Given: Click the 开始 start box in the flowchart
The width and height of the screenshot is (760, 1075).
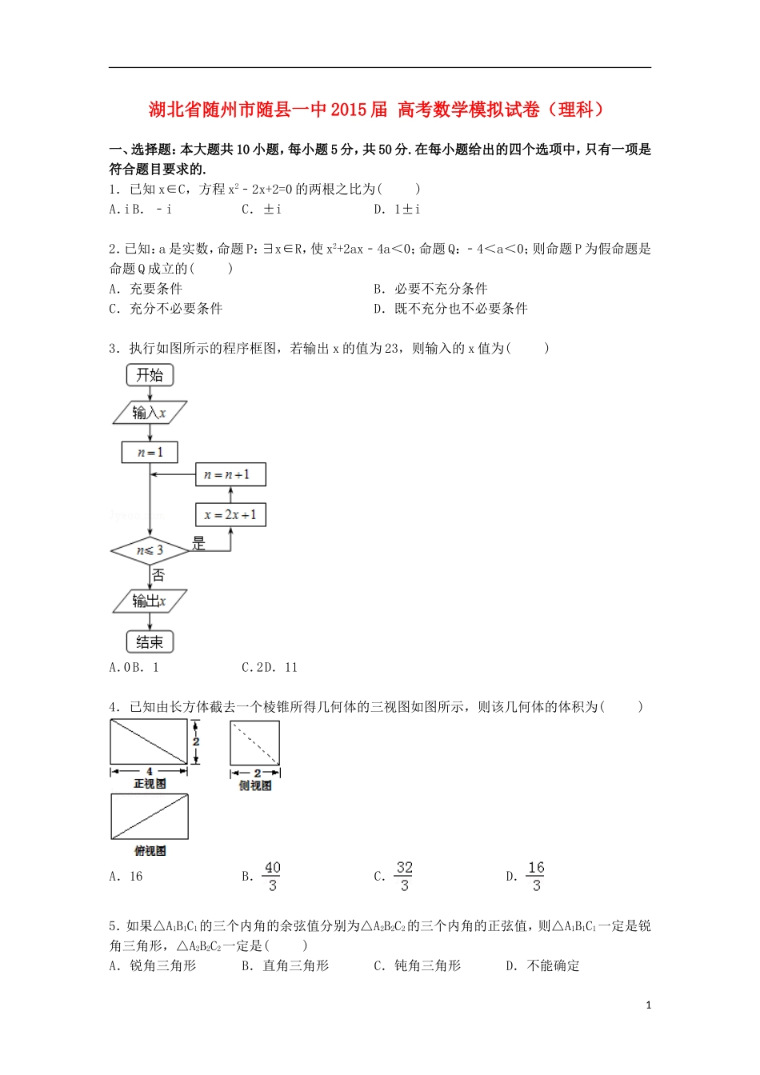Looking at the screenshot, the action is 150,374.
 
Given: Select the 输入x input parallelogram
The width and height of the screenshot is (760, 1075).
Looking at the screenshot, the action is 150,413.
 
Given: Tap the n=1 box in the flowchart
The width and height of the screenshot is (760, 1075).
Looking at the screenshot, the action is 150,453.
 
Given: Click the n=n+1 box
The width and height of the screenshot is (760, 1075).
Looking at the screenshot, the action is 230,474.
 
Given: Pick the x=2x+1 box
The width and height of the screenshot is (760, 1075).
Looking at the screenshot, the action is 230,514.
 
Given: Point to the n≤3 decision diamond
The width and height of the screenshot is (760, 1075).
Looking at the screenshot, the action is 150,550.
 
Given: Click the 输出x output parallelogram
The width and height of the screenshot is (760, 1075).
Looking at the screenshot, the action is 150,601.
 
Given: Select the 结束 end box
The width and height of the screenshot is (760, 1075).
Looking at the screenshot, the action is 150,641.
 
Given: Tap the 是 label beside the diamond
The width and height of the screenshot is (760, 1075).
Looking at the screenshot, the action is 198,544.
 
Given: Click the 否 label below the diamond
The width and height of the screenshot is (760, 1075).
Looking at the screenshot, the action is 158,575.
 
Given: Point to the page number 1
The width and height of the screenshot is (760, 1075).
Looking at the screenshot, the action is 648,1005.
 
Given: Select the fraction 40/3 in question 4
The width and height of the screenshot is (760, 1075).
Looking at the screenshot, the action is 272,877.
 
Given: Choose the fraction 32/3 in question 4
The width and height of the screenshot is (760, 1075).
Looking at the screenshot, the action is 404,877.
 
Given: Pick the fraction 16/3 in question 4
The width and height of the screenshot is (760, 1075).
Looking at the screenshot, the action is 536,877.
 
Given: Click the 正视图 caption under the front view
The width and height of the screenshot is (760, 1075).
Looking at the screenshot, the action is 150,785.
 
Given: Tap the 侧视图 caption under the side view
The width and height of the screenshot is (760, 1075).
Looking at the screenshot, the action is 255,786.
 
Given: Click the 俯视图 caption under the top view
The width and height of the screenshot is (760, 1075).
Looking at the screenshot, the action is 150,851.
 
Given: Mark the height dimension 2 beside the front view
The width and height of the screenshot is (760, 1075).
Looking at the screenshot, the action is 196,741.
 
